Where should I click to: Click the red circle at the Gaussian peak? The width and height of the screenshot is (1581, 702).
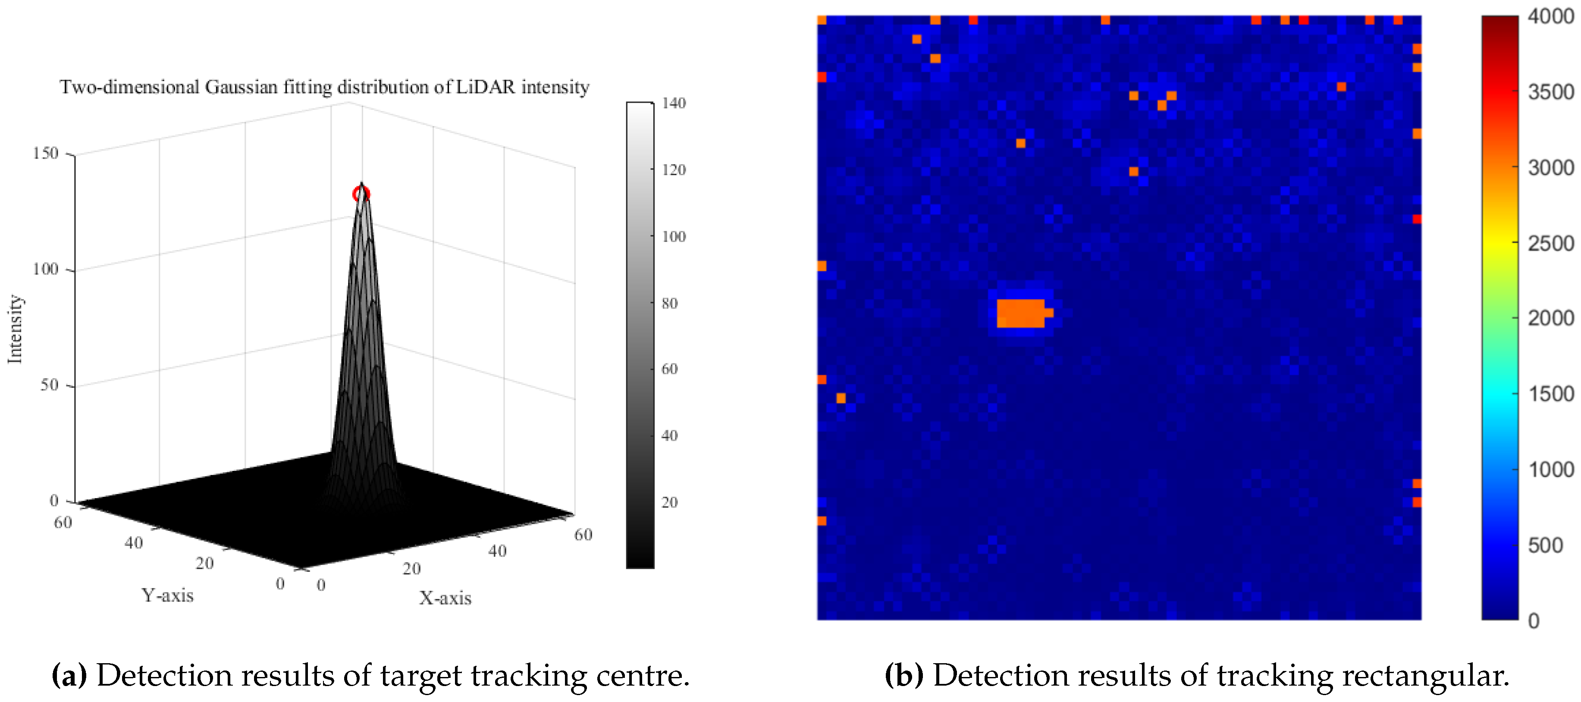361,194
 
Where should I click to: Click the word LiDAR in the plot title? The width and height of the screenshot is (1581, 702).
486,87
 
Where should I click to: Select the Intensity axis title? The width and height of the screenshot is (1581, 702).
15,329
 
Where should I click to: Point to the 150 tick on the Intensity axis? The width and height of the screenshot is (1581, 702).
45,154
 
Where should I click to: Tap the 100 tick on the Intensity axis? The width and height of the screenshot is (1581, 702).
45,270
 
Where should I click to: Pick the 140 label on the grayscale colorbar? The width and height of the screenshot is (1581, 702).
673,103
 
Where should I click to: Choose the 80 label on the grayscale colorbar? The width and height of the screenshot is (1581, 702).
670,303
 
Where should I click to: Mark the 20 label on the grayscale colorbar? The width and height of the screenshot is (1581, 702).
670,503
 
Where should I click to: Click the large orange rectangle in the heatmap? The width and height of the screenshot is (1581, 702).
1020,313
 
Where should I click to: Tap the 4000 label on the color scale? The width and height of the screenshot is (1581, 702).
1551,16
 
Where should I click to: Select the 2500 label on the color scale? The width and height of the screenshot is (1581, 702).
1551,244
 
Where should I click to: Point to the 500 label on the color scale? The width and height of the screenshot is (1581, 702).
1545,545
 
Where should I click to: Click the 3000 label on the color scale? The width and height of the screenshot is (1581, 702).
1551,167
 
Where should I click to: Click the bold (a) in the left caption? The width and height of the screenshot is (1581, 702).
69,676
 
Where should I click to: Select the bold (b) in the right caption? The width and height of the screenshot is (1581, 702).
903,676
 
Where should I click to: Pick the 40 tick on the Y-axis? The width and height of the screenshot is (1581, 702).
133,543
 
